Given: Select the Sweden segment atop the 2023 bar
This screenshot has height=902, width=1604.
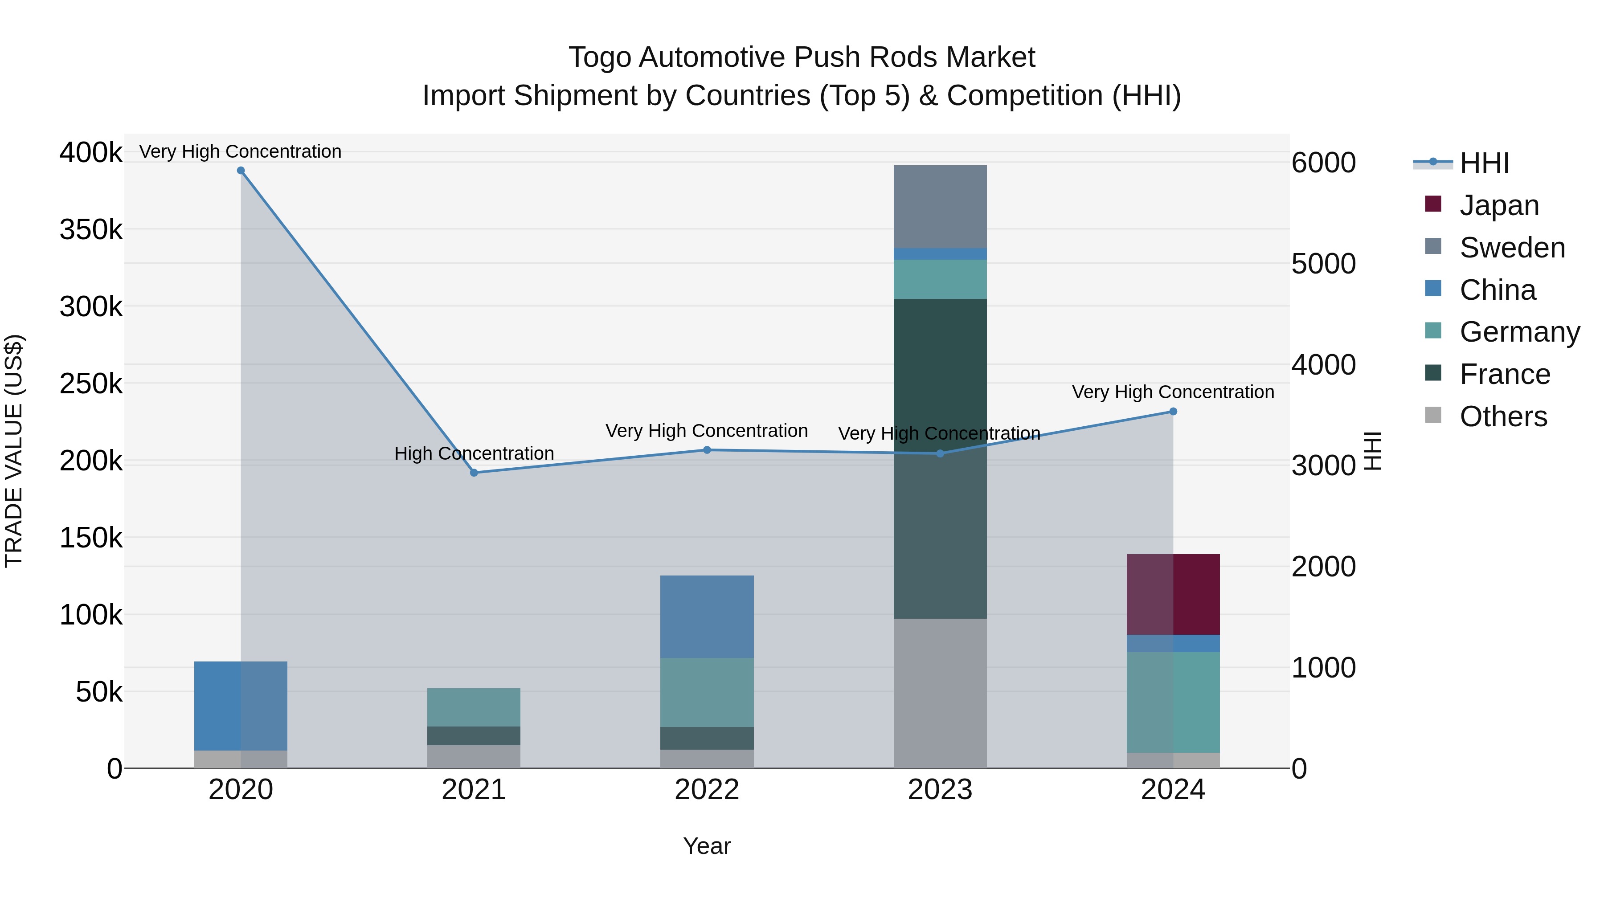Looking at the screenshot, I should [940, 206].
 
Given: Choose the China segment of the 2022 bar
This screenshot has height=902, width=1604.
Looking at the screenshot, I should [707, 616].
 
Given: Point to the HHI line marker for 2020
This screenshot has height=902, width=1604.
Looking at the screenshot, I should [241, 171].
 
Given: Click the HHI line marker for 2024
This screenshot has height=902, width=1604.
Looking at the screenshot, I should [1173, 412].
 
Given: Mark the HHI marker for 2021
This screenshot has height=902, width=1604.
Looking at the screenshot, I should [474, 473].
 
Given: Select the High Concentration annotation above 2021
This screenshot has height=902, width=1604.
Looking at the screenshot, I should [474, 453].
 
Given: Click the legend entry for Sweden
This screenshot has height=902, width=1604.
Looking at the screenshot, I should [1512, 248].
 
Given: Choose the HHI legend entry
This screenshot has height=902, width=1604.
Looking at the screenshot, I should [1484, 163].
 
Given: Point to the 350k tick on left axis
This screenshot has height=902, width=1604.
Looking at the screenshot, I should [91, 230].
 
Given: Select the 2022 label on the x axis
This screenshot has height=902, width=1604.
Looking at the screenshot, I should [707, 790].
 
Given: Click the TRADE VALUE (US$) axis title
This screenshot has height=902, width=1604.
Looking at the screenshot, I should [14, 451].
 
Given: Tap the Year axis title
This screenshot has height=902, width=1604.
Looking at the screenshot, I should [707, 846].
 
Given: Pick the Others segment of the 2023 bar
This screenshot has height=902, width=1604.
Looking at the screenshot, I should [940, 692].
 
